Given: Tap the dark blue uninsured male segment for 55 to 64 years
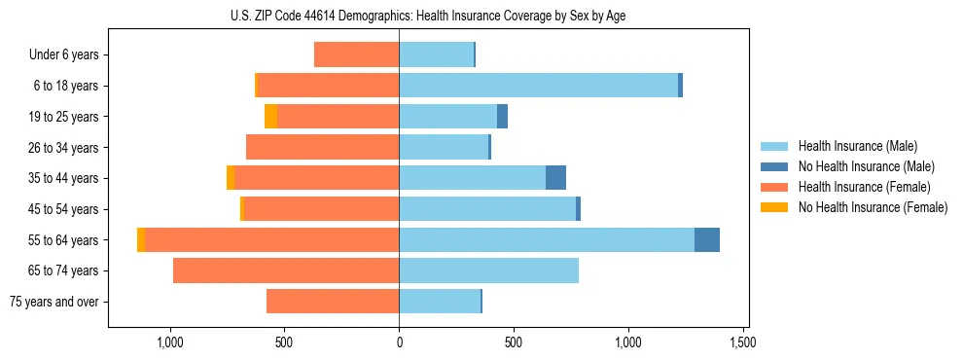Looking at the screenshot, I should [706, 240].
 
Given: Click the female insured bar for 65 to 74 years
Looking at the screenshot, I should [286, 270].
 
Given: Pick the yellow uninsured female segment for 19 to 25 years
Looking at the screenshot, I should [270, 117].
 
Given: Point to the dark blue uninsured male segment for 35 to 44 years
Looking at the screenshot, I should [555, 178].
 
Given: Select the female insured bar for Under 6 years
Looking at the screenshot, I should [356, 54].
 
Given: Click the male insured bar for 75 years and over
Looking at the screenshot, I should [440, 302].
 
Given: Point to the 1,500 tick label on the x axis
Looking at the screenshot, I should [743, 342].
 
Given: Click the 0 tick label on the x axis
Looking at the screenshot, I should [399, 342].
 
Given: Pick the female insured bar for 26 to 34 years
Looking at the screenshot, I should [322, 148].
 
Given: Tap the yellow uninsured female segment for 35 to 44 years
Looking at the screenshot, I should [231, 178].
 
